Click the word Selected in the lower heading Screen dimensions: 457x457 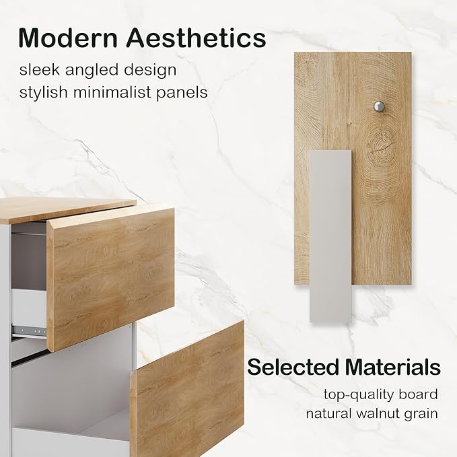click(x=292, y=367)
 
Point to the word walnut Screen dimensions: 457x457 click(x=382, y=413)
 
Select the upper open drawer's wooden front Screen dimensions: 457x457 click(x=111, y=276)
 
